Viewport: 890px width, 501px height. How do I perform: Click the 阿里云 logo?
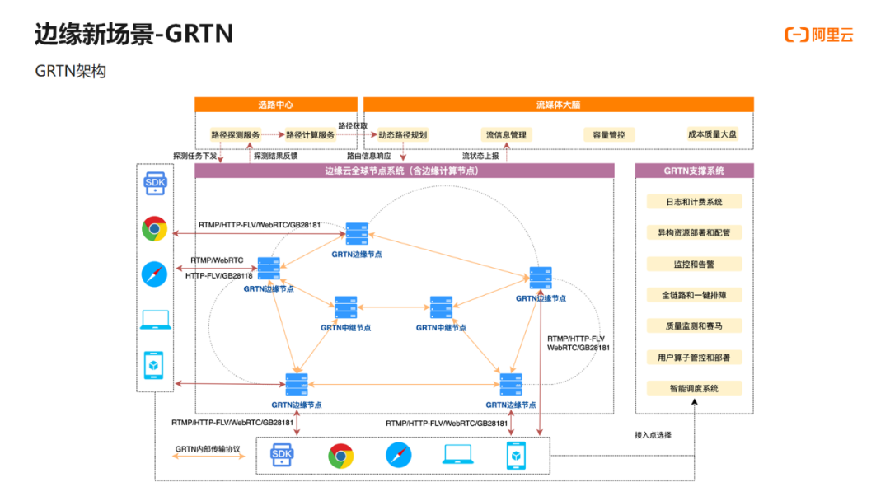[x=818, y=35]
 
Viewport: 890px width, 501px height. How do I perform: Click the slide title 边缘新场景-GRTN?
[x=134, y=34]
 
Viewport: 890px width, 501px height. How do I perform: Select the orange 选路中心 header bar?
[x=276, y=105]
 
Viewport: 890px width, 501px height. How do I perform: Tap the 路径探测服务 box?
[x=235, y=135]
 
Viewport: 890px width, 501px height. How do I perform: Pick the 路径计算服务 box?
[x=310, y=135]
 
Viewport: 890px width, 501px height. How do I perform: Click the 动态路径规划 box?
[x=402, y=135]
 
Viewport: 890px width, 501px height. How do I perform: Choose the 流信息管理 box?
[x=506, y=135]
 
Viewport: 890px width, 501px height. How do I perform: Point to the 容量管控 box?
[x=609, y=135]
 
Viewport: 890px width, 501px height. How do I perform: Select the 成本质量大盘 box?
[x=712, y=134]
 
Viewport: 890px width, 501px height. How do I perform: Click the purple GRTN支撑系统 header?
[x=694, y=171]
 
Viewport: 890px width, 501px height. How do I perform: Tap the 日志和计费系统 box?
[x=694, y=202]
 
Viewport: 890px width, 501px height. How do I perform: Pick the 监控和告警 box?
[x=694, y=265]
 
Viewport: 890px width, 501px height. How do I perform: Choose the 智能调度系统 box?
[x=694, y=389]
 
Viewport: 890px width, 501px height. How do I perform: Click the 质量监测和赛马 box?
[x=694, y=326]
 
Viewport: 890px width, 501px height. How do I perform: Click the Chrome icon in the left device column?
[x=154, y=228]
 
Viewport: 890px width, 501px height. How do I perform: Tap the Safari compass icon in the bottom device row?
[x=399, y=455]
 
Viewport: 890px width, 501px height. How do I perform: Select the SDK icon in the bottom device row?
[x=282, y=455]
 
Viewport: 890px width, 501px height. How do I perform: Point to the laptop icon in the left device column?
[x=156, y=320]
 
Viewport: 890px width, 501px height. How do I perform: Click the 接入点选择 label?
[x=653, y=435]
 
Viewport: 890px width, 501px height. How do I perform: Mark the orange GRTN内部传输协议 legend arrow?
[x=208, y=457]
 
